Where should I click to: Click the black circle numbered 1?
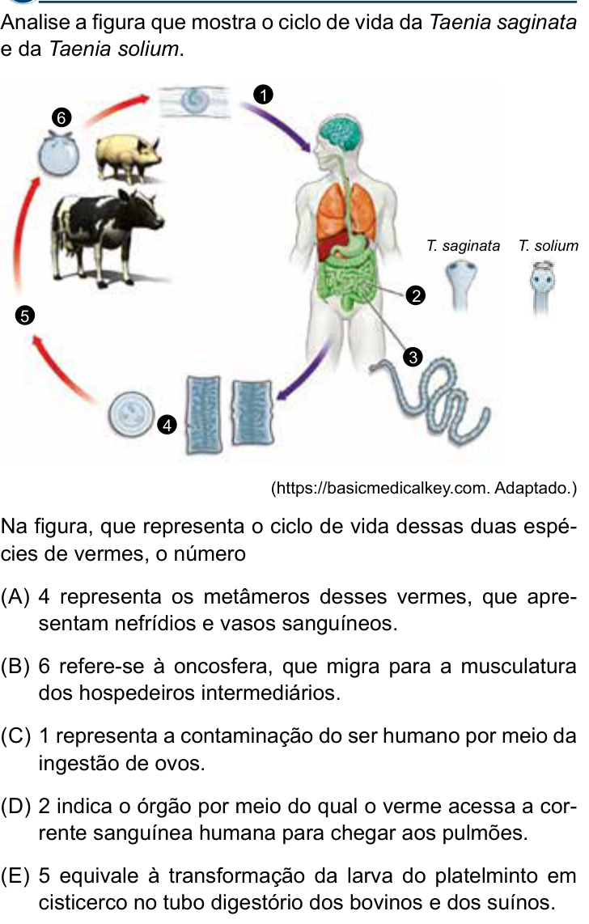click(263, 95)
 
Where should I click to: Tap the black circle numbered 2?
click(416, 296)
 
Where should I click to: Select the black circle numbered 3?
click(413, 357)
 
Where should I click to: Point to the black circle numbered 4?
click(167, 425)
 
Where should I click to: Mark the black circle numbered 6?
click(61, 118)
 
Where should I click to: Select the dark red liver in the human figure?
click(330, 242)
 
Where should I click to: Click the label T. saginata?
click(463, 246)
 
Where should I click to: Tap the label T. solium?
click(549, 246)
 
